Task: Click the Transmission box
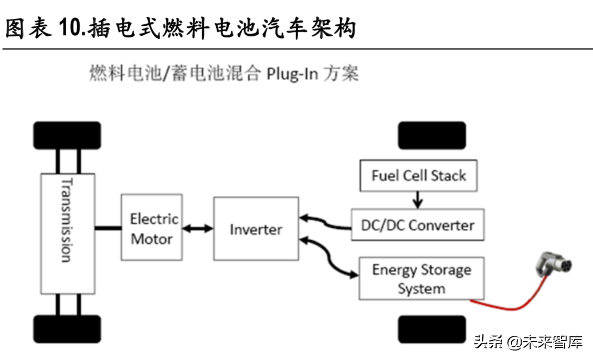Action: [68, 234]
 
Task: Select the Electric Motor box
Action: [152, 227]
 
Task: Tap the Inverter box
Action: [256, 229]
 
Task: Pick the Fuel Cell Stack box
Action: [418, 175]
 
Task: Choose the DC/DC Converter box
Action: [417, 225]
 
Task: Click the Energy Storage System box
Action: [421, 279]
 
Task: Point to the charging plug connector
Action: [552, 265]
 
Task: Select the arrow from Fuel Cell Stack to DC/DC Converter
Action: [417, 200]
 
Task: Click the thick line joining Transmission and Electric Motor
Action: [108, 228]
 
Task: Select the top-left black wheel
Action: [67, 135]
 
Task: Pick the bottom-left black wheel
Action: [67, 329]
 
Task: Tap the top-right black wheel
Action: [431, 135]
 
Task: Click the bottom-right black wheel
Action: [431, 329]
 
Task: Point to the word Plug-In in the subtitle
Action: [292, 74]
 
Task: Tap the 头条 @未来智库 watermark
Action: [527, 342]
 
